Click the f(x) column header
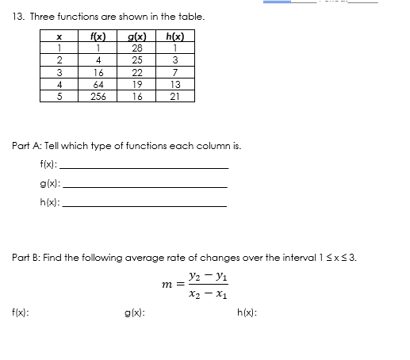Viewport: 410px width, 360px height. tap(99, 36)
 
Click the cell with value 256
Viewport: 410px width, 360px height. tap(99, 96)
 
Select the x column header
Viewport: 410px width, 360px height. tap(60, 36)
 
